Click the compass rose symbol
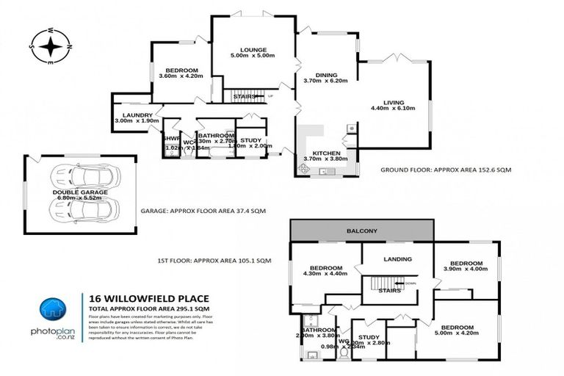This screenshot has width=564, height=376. (x=51, y=48)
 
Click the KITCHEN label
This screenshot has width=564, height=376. (x=321, y=153)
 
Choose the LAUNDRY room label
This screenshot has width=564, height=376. (x=138, y=115)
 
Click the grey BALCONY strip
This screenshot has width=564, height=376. (x=362, y=231)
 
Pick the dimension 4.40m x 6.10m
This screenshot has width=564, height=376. (x=394, y=109)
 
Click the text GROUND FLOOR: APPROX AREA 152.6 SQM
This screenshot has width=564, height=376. (x=446, y=170)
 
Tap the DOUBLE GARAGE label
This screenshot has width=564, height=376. (x=80, y=192)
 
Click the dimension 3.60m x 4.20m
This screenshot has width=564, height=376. (x=180, y=75)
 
